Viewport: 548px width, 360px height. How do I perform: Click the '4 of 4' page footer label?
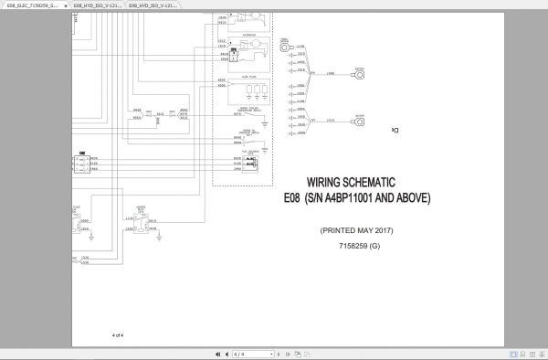[117, 335]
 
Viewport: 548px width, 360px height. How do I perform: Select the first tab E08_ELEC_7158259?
[32, 5]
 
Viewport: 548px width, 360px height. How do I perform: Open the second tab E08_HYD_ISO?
[96, 5]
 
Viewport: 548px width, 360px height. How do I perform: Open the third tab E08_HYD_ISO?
[152, 5]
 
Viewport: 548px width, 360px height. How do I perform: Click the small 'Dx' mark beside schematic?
[395, 131]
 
